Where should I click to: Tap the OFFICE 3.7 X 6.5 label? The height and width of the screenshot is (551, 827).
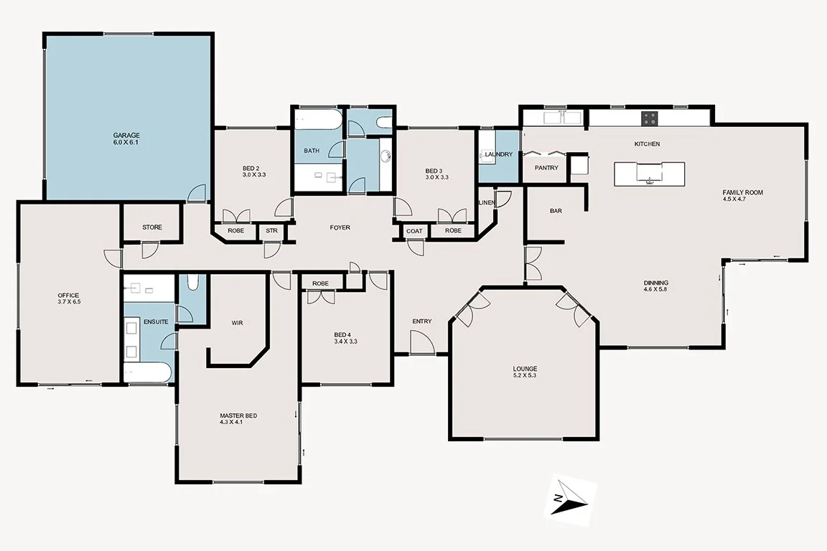[x=68, y=299]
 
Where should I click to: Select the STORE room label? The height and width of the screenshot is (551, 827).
[x=151, y=227]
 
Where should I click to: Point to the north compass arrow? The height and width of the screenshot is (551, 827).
[x=568, y=496]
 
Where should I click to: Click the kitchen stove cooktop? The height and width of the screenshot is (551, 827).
[x=649, y=117]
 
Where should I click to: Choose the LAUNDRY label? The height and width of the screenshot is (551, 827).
[x=498, y=154]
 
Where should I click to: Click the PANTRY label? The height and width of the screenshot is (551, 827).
[x=546, y=168]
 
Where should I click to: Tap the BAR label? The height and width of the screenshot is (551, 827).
[x=555, y=211]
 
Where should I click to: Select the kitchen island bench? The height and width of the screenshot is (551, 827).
[x=649, y=173]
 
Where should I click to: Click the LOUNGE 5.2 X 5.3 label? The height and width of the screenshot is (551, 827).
[x=525, y=372]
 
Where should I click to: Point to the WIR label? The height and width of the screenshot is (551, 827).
[x=237, y=323]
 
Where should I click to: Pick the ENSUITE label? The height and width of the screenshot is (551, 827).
[x=156, y=322]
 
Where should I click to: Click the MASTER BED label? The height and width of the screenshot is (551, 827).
[x=238, y=416]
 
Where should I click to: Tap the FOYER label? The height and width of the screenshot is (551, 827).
[x=340, y=227]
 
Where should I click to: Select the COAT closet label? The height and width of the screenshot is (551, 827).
[x=414, y=231]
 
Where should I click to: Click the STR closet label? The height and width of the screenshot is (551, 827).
[x=271, y=231]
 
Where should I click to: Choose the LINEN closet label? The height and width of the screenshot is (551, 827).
[x=487, y=203]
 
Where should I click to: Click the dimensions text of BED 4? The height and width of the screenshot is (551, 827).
[x=345, y=342]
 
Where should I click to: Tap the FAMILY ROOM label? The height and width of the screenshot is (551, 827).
[x=742, y=192]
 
